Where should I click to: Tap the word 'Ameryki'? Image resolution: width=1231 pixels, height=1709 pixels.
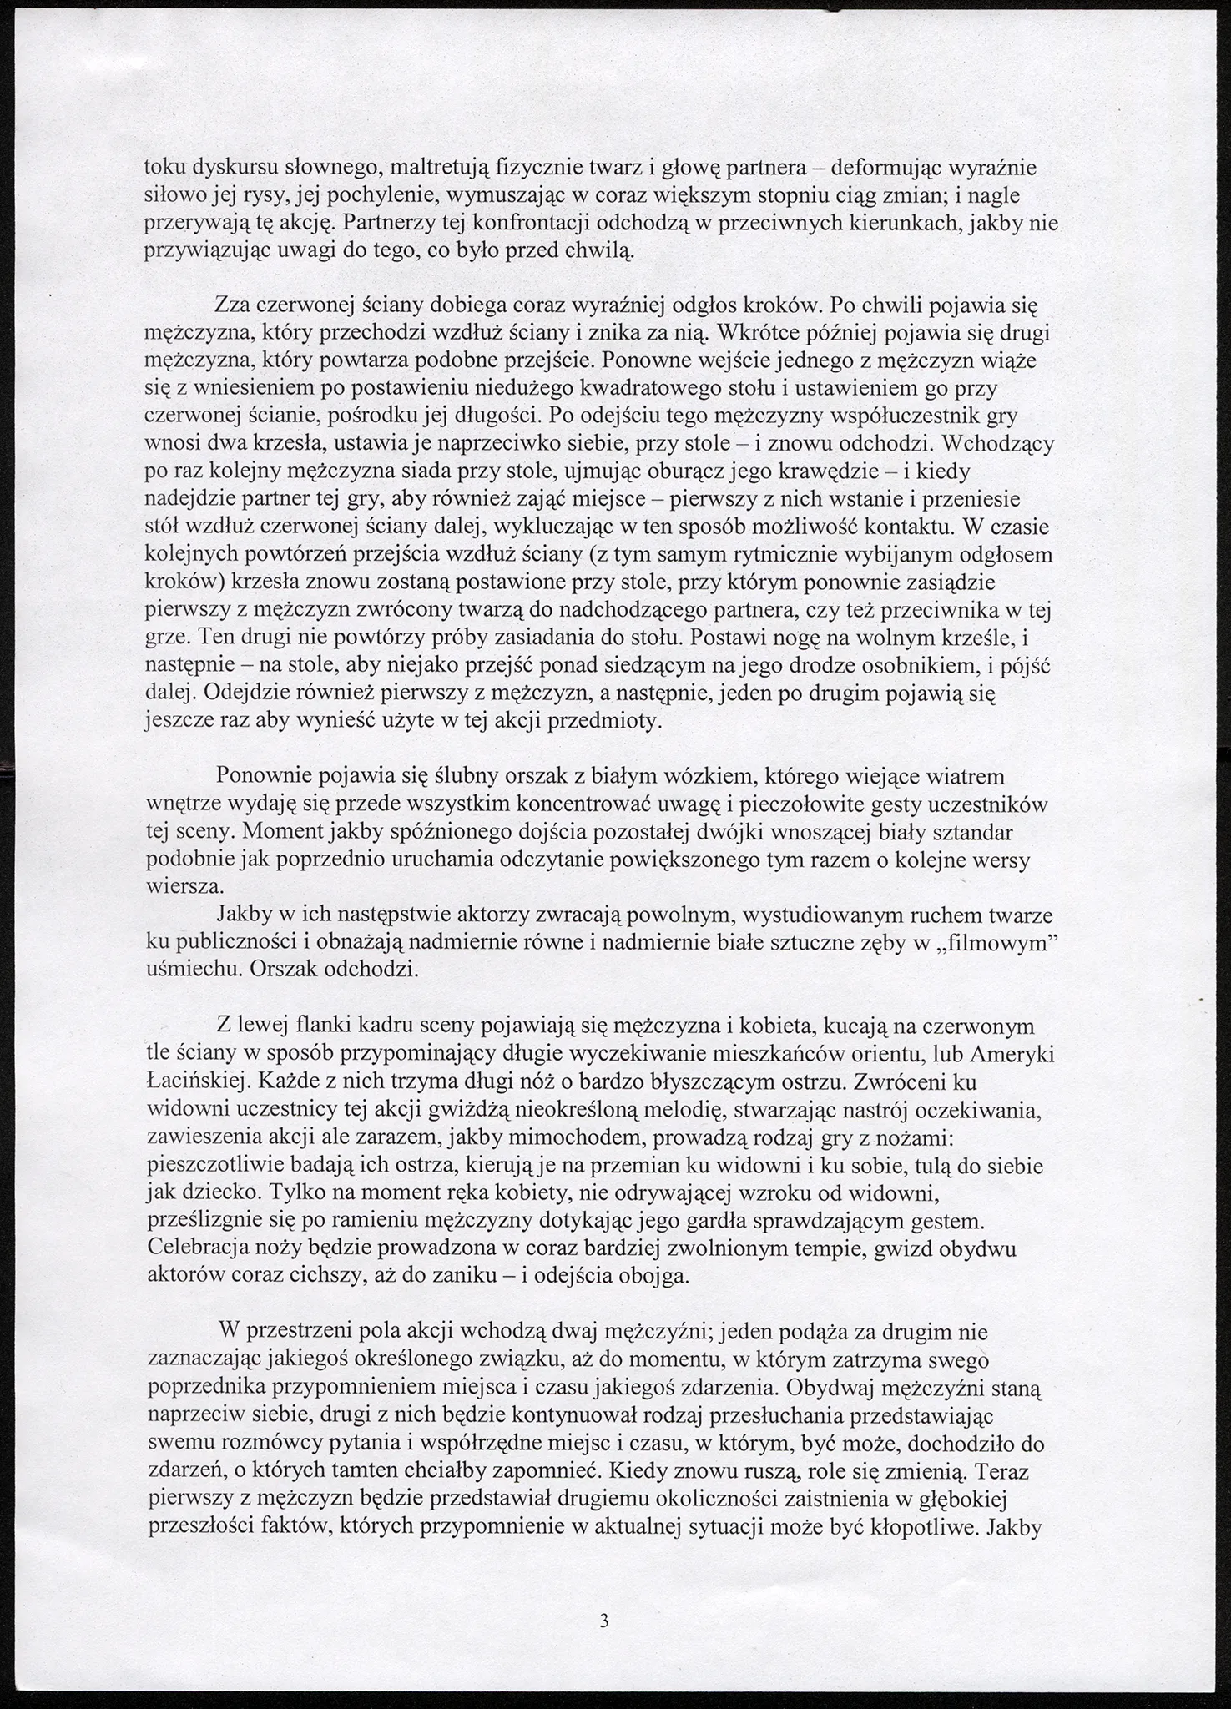(1017, 1054)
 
